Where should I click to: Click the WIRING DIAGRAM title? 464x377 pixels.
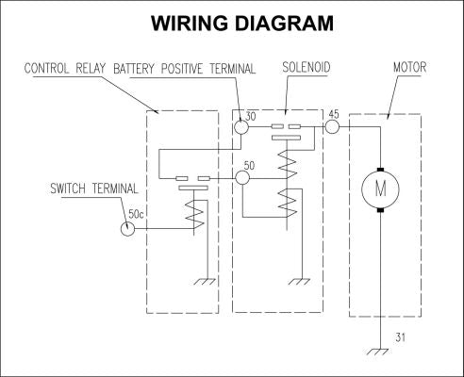(242, 24)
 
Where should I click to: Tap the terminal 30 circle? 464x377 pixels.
(241, 127)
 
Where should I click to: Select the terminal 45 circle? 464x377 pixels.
(332, 126)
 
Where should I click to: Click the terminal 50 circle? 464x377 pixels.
(242, 178)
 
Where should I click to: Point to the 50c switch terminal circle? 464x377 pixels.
(127, 228)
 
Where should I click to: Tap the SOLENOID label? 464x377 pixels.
(307, 68)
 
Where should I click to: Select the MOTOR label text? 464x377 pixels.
(410, 67)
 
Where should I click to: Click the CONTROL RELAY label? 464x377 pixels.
(65, 69)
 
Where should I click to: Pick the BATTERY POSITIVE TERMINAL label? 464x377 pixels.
(185, 69)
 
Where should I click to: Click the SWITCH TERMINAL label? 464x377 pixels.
(94, 188)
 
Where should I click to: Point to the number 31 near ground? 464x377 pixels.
(401, 337)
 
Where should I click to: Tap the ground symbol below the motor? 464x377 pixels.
(377, 352)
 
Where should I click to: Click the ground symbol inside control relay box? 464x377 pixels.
(205, 282)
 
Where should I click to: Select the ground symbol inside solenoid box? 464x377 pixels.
(299, 282)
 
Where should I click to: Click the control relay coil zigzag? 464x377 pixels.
(194, 214)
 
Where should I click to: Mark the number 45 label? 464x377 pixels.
(334, 114)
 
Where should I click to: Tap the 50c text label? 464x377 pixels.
(136, 214)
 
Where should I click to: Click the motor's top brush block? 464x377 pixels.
(380, 170)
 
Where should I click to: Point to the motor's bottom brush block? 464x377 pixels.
(380, 209)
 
